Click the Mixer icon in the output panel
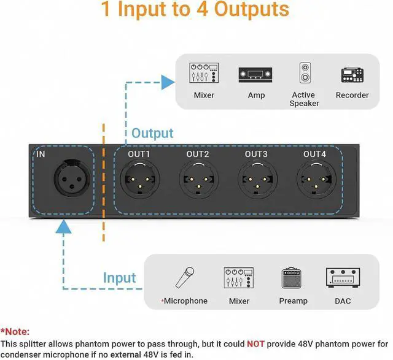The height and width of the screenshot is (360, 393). (204, 74)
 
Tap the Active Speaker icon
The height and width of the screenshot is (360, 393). (304, 74)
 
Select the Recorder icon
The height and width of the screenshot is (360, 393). (352, 75)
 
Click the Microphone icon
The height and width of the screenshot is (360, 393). (185, 278)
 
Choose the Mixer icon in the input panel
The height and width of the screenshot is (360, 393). (239, 278)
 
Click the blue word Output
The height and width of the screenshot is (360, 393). (152, 133)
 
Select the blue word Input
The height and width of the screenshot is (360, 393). (120, 278)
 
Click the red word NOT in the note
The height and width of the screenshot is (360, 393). (256, 344)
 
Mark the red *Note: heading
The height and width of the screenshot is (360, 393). (15, 331)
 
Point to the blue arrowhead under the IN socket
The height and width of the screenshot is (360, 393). (64, 228)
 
